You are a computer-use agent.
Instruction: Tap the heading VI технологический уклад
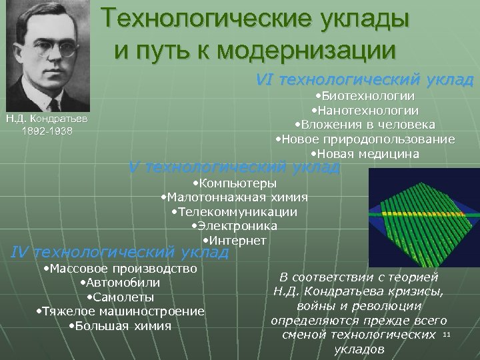point(364,80)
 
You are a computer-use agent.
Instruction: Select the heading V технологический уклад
point(233,167)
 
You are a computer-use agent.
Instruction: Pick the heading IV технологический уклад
point(120,252)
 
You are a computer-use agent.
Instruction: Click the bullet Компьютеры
point(234,183)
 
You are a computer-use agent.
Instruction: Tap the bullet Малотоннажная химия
point(234,197)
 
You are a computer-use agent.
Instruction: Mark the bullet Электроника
point(234,226)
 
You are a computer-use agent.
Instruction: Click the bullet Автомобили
point(119,283)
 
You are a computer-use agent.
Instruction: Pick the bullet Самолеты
point(119,297)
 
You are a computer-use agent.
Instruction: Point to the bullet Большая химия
point(119,326)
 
